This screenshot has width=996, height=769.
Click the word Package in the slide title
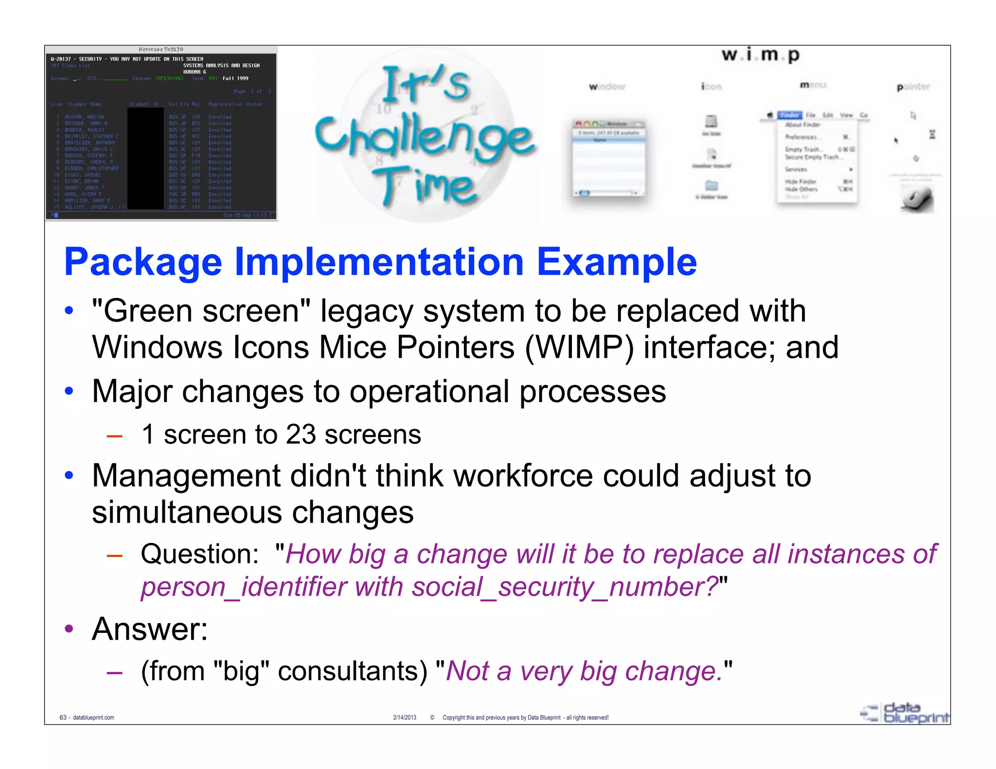(143, 262)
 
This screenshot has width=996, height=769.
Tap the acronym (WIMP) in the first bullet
(579, 348)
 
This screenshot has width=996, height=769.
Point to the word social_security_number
(565, 587)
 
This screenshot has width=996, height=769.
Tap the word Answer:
(150, 629)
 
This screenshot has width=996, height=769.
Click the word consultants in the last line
(352, 671)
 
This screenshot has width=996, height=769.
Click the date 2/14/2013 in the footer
(405, 717)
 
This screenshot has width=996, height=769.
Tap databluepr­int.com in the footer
(93, 717)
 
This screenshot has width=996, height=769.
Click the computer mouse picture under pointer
(917, 199)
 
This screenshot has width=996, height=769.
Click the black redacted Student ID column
(145, 158)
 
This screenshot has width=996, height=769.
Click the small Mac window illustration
(610, 158)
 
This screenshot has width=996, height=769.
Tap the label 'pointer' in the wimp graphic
(913, 87)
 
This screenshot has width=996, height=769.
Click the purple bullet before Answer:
(69, 629)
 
